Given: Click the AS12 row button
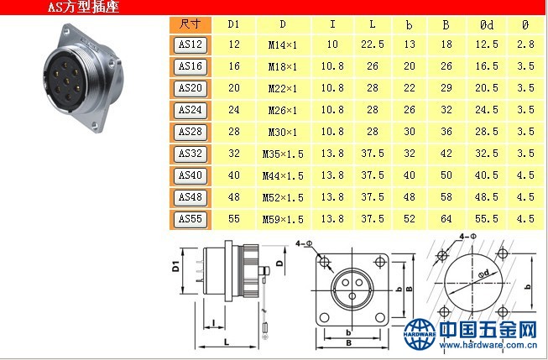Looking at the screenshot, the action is (190, 44).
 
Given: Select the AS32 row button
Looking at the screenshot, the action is (190, 154).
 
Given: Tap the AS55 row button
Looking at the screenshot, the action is (190, 219).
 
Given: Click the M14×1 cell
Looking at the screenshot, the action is (282, 44).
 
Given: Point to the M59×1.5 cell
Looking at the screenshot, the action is (283, 220).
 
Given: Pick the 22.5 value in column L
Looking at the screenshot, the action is (373, 44).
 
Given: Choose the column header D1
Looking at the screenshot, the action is (233, 24).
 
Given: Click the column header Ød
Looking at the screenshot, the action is (487, 24).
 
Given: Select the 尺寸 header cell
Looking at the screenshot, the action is (190, 24).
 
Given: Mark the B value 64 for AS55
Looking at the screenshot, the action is (446, 219).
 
